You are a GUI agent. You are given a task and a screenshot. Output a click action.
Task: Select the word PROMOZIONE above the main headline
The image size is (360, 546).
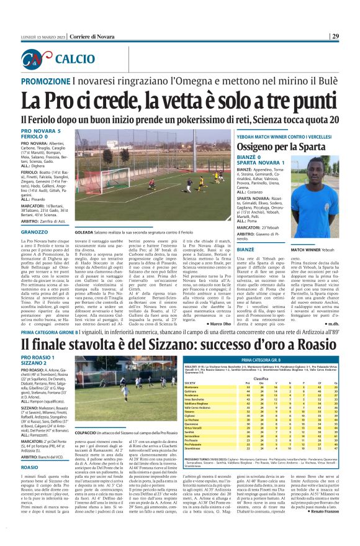pyautogui.click(x=47, y=82)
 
